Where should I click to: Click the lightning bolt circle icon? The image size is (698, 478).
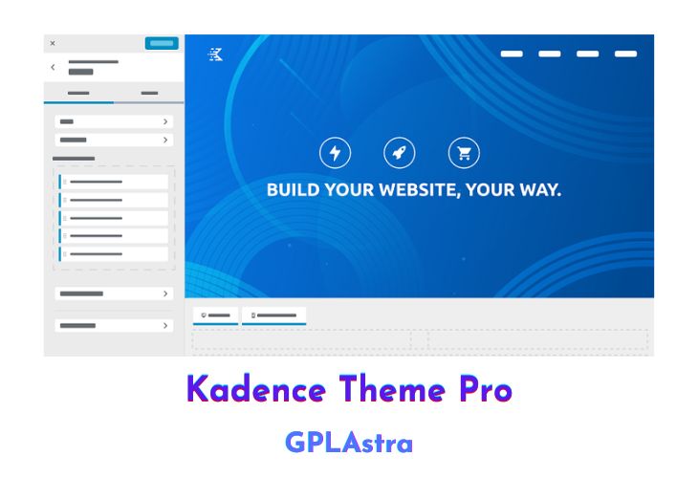click(x=335, y=153)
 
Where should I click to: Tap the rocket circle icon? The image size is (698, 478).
click(x=399, y=153)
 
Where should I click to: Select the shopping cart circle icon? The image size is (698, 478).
click(x=464, y=153)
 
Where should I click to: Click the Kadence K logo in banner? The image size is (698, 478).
click(x=215, y=54)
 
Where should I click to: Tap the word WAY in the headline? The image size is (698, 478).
click(x=538, y=189)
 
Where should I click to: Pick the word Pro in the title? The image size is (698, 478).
click(x=482, y=390)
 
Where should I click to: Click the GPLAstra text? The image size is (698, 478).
click(x=349, y=443)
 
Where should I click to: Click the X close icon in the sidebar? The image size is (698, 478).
click(x=53, y=43)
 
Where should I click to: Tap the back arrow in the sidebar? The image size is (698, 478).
click(x=53, y=67)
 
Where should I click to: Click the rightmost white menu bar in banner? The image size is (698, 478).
click(x=625, y=54)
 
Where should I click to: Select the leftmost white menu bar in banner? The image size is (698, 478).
click(x=512, y=54)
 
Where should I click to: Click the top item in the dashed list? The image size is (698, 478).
click(x=114, y=182)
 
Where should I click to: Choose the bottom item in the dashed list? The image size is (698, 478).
click(x=114, y=254)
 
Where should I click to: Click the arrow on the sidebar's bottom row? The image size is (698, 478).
click(x=165, y=325)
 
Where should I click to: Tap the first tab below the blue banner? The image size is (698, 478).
click(x=215, y=315)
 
